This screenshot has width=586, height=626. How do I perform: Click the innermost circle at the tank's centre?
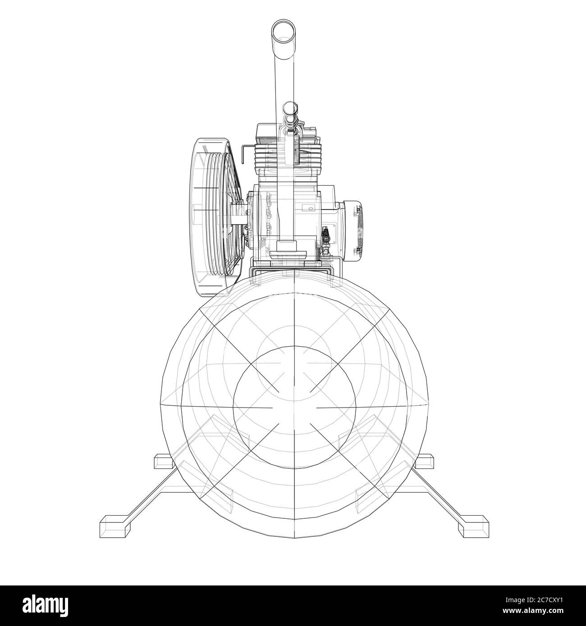pos(294,408)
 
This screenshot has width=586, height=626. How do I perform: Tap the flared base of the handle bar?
pos(284,246)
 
